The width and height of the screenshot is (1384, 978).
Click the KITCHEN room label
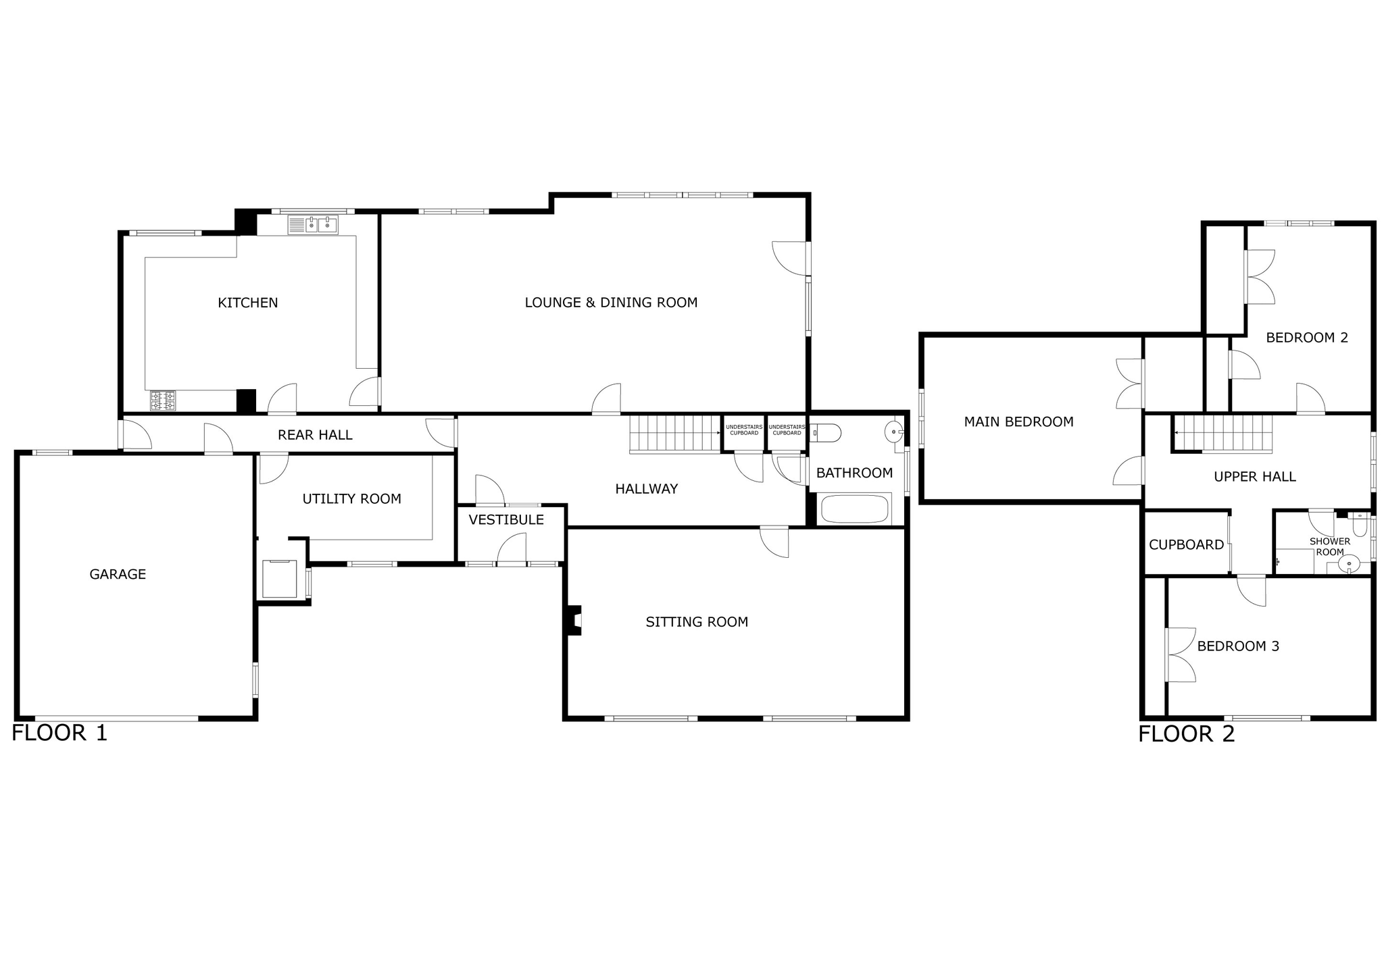point(247,303)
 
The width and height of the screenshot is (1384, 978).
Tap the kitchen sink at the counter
point(313,225)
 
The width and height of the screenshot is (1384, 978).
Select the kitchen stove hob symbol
point(163,401)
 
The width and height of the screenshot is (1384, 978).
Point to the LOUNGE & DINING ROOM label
point(611,303)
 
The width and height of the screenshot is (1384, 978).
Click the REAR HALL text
point(315,435)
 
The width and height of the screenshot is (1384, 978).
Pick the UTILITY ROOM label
point(351,499)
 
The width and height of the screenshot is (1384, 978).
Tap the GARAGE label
point(118,574)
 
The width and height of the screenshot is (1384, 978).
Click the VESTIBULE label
point(506,519)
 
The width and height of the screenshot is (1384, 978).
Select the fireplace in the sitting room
point(574,620)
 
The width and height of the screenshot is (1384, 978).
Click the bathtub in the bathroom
point(854,509)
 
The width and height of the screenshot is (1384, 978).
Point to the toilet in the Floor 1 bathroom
point(825,432)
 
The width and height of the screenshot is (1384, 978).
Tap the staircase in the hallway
point(675,434)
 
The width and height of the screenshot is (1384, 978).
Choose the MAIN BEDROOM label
point(1018,422)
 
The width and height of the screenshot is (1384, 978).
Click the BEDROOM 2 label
point(1306,338)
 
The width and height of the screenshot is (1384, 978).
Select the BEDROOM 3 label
point(1238,646)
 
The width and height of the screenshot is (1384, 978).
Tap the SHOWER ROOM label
point(1329,546)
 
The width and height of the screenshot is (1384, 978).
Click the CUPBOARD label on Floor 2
point(1186,544)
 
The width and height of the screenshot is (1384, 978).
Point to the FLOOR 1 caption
point(59,733)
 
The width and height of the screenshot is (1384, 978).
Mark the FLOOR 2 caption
point(1186,734)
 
